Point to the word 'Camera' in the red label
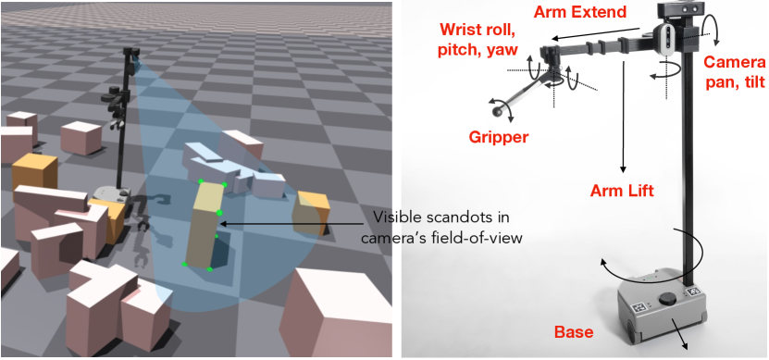(734, 62)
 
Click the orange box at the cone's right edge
(309, 214)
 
